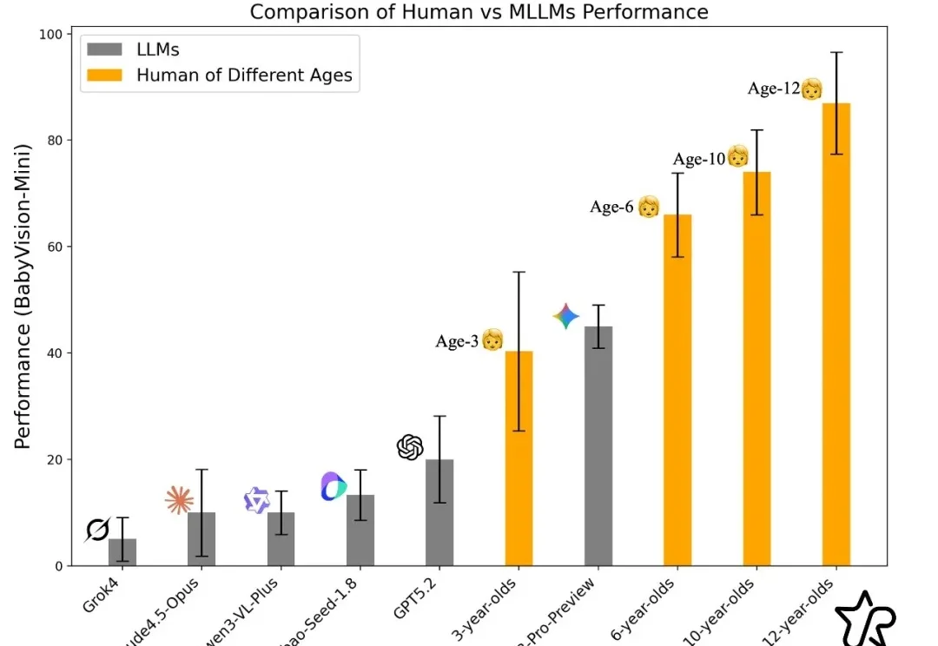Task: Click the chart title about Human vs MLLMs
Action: click(x=479, y=12)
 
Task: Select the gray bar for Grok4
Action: click(x=122, y=552)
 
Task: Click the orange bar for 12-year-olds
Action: click(x=836, y=334)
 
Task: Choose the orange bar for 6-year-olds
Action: click(x=677, y=390)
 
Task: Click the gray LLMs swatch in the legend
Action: click(x=105, y=49)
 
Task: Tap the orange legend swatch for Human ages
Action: click(x=105, y=76)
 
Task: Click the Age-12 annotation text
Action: click(x=773, y=89)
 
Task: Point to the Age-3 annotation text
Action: click(x=457, y=341)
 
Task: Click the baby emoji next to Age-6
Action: click(x=649, y=207)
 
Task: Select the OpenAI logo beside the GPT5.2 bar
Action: click(x=410, y=447)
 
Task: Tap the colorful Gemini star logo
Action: click(x=566, y=317)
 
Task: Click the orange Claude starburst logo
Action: click(x=179, y=500)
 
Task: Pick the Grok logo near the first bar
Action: click(x=97, y=530)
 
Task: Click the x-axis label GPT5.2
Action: click(x=418, y=599)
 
